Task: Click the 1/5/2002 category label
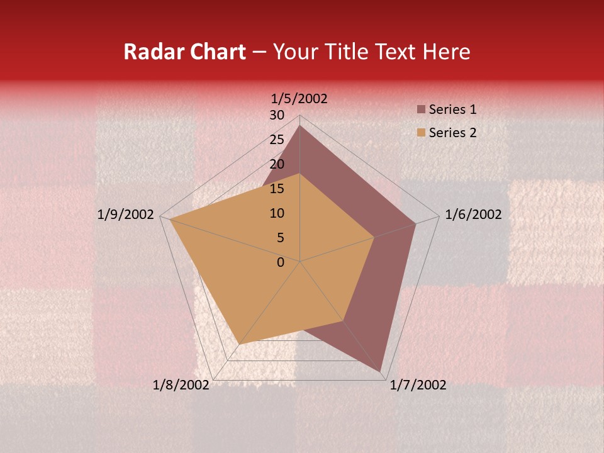tap(299, 99)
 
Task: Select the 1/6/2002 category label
tap(473, 215)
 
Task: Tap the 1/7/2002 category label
tap(418, 385)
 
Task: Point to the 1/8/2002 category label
tap(181, 385)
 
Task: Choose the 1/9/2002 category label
tap(126, 215)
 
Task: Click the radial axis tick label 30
tap(277, 115)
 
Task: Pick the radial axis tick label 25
tap(277, 140)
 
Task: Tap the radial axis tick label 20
tap(277, 164)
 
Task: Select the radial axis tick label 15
tap(277, 189)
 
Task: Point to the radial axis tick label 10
tap(277, 213)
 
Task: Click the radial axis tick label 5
tap(280, 238)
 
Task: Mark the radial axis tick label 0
tap(281, 262)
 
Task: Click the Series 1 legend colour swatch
tap(421, 110)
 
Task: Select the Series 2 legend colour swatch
tap(421, 133)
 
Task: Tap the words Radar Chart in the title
tap(184, 52)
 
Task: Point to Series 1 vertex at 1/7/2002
tap(381, 372)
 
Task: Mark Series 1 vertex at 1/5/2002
tap(300, 125)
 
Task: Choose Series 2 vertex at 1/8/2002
tap(240, 344)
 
